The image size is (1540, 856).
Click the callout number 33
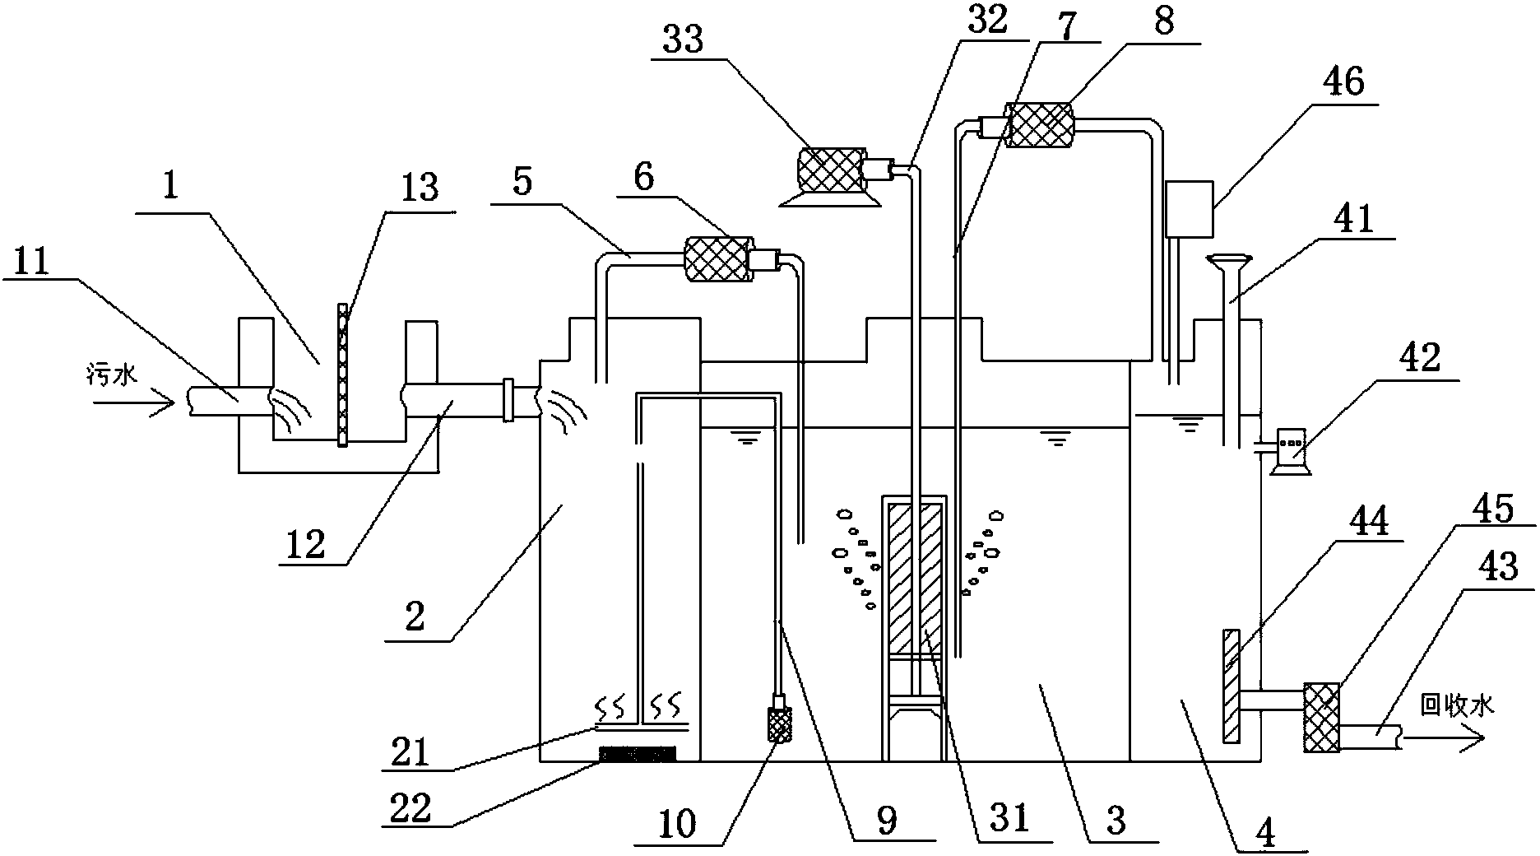coord(683,40)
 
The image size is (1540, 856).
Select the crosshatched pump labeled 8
coord(1041,126)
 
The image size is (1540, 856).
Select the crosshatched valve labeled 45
coord(1320,717)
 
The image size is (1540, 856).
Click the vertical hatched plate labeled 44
coord(1231,686)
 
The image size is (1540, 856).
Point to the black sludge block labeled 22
coord(638,752)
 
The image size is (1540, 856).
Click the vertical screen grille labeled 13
coord(341,374)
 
